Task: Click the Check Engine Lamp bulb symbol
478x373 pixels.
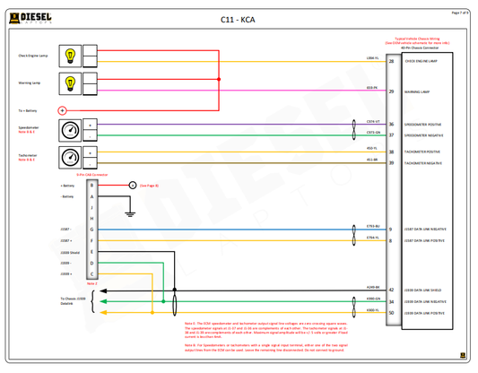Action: pos(70,56)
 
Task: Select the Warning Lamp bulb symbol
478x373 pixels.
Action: pos(70,83)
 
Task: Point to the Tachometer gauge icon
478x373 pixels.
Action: pos(70,157)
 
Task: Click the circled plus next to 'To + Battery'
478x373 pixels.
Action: pos(62,110)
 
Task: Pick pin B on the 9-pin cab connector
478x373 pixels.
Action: pos(91,185)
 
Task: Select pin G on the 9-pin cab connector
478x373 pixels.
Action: pos(91,230)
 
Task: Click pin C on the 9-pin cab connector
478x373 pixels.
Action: pos(91,273)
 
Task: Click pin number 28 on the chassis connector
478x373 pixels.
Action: pos(391,62)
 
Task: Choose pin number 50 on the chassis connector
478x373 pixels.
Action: pos(391,313)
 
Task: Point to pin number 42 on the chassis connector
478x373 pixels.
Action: pos(391,291)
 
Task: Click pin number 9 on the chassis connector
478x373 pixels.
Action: pos(390,230)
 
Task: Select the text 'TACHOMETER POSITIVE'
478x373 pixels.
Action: pos(422,152)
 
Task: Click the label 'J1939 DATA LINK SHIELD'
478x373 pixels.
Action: pos(424,291)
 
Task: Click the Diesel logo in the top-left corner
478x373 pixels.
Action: pos(30,18)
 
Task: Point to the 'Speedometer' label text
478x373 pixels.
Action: pos(29,127)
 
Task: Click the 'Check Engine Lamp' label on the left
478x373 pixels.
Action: pos(33,56)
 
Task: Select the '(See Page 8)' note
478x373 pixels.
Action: pos(150,185)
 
